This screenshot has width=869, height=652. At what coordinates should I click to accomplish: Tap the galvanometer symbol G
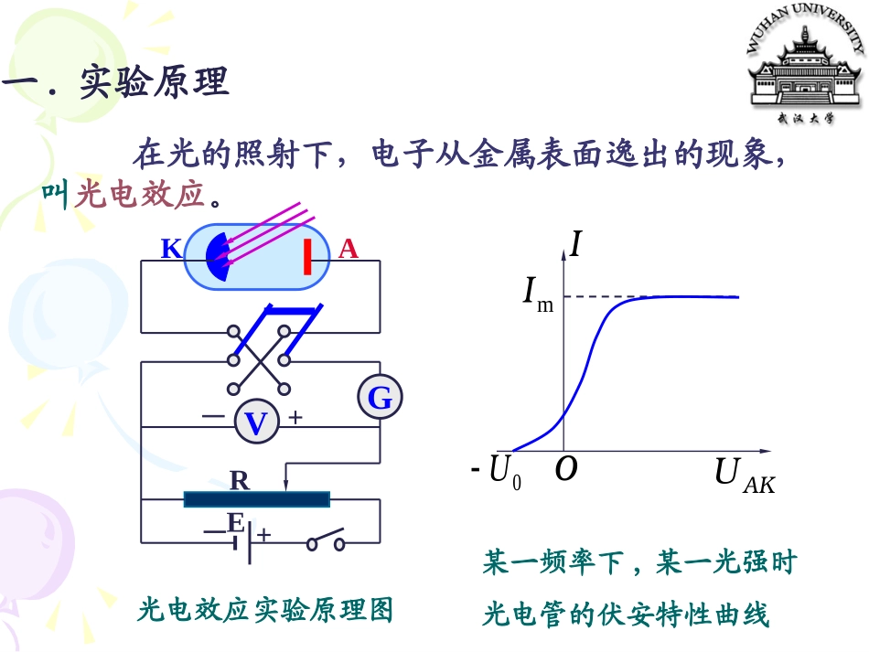click(381, 397)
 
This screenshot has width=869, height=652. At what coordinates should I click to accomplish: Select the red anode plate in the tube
click(307, 256)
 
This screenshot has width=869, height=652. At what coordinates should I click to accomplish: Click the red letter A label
click(348, 249)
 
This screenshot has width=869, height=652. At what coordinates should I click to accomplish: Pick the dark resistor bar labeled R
click(257, 499)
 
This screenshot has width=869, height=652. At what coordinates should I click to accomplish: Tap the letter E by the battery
click(235, 522)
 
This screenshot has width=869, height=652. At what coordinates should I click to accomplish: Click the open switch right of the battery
click(326, 540)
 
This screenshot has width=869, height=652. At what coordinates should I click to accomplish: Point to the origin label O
click(566, 468)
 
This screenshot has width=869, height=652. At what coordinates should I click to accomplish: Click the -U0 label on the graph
click(496, 472)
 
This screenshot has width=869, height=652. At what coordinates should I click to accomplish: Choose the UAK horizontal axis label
click(745, 476)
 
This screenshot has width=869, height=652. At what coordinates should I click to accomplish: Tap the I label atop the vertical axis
click(576, 244)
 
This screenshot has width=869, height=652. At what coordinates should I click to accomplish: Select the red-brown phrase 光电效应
click(139, 195)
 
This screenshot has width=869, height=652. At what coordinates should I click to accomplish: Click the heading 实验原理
click(155, 82)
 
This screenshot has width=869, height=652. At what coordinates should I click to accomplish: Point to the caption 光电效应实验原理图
click(265, 610)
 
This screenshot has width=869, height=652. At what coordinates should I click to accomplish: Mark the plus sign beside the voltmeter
click(295, 417)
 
